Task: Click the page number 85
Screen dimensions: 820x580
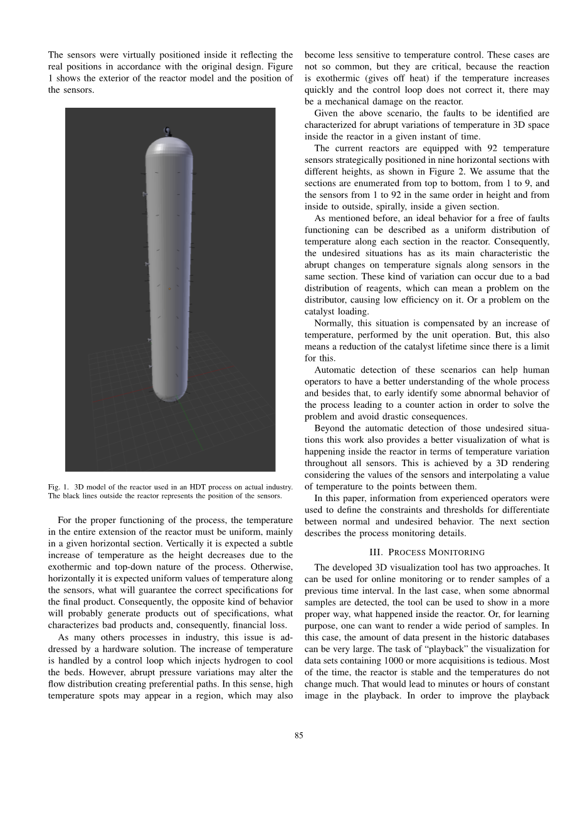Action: point(298,735)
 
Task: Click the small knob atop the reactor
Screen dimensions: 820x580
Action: point(167,131)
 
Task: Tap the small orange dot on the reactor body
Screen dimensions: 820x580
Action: point(169,289)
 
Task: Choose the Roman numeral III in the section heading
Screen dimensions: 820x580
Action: point(376,553)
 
